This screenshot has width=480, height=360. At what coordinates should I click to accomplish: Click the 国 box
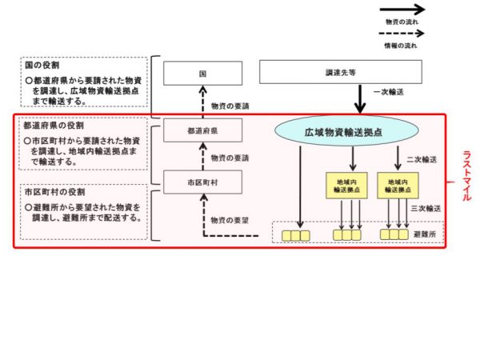(x=202, y=73)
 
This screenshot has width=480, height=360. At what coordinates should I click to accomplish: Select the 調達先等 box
(x=340, y=73)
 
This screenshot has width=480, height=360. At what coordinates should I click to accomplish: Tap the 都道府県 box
(x=202, y=130)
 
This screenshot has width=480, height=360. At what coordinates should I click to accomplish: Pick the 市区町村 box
(x=202, y=182)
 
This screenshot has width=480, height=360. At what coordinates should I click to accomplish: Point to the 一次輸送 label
(x=389, y=94)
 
